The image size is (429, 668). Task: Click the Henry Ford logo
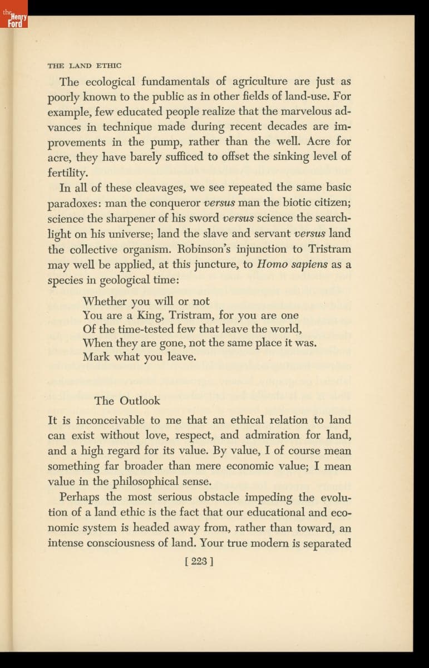[x=14, y=19]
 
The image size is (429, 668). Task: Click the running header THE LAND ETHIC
[x=85, y=65]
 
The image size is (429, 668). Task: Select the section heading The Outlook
[x=127, y=401]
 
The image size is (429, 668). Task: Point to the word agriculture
[x=263, y=82]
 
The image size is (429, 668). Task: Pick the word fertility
[x=67, y=173]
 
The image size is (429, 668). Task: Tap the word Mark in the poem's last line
[x=96, y=357]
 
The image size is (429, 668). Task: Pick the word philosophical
[x=146, y=481]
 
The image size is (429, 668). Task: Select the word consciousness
[x=136, y=542]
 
